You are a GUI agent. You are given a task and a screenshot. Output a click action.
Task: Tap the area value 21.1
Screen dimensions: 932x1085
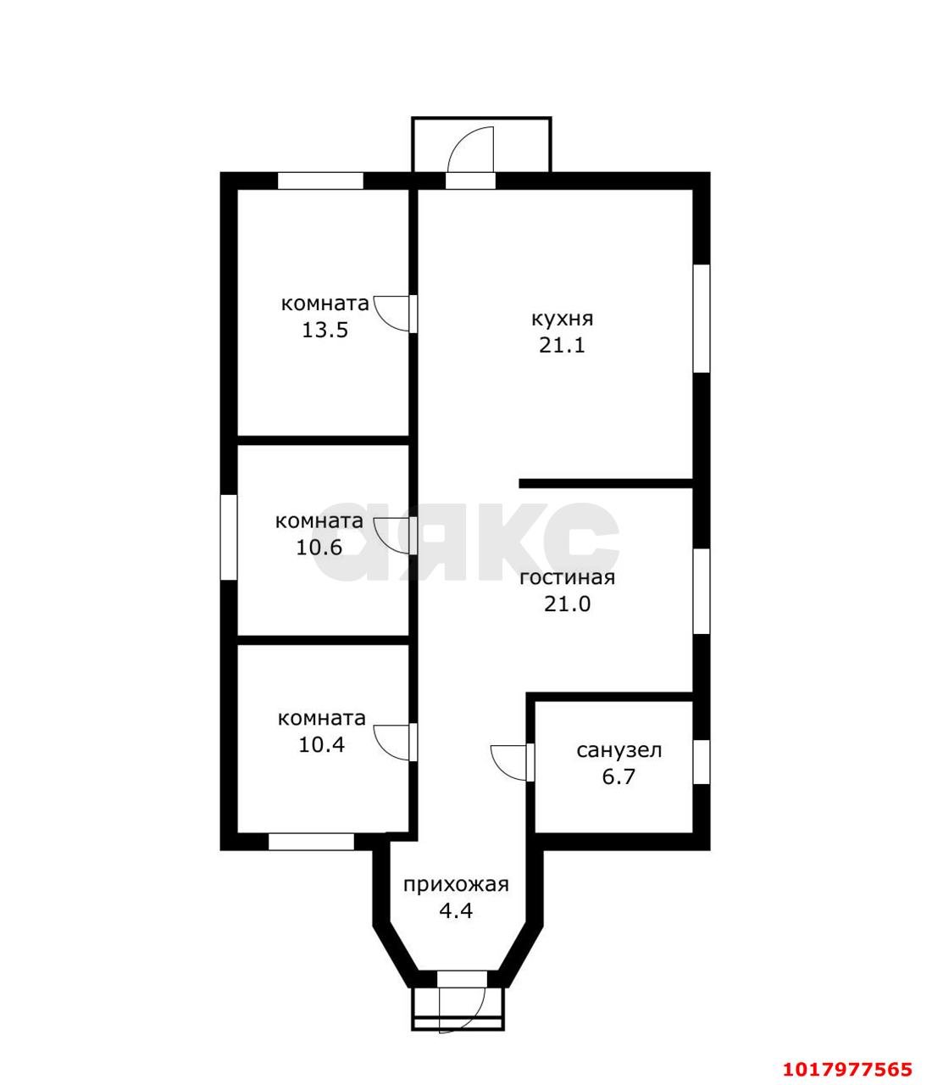pyautogui.click(x=562, y=346)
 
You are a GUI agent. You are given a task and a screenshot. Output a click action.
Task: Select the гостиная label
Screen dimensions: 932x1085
pyautogui.click(x=567, y=579)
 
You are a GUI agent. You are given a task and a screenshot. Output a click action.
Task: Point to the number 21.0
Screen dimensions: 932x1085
pyautogui.click(x=568, y=604)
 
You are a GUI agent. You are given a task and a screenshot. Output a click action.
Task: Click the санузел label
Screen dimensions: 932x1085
pyautogui.click(x=619, y=751)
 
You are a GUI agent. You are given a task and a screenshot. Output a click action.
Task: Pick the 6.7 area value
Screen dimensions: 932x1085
pyautogui.click(x=619, y=776)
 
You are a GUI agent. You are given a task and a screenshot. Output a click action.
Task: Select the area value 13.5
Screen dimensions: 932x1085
pyautogui.click(x=325, y=331)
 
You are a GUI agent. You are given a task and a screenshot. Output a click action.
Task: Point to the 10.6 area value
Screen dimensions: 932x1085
pyautogui.click(x=319, y=548)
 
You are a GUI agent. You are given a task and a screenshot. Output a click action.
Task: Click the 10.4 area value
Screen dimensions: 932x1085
pyautogui.click(x=322, y=745)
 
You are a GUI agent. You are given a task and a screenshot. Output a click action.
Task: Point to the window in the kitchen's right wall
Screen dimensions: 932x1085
pyautogui.click(x=702, y=320)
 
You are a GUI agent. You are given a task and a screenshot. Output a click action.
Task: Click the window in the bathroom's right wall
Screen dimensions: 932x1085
pyautogui.click(x=702, y=762)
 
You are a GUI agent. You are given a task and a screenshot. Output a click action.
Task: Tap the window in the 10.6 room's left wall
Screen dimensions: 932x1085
pyautogui.click(x=228, y=537)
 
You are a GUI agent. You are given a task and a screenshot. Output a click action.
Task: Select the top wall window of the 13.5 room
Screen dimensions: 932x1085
pyautogui.click(x=320, y=181)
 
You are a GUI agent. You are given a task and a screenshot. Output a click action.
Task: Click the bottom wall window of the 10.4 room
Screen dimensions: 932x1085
pyautogui.click(x=311, y=843)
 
